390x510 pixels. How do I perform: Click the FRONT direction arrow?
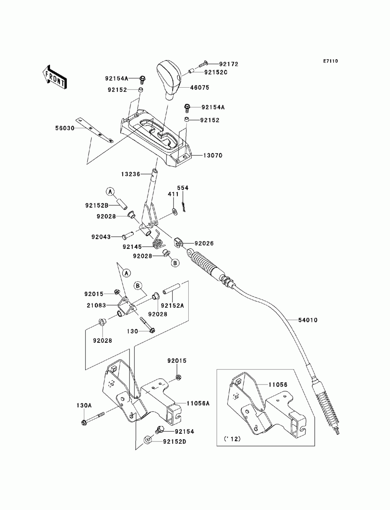(55, 77)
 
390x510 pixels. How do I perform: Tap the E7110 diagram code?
(330, 61)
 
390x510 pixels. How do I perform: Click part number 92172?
(229, 64)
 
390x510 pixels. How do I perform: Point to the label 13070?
(213, 155)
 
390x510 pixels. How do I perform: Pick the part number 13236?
(131, 174)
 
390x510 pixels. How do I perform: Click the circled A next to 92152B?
(110, 191)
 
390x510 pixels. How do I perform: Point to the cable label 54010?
(308, 320)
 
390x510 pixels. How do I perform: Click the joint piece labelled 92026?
(179, 243)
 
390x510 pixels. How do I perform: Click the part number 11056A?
(198, 404)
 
